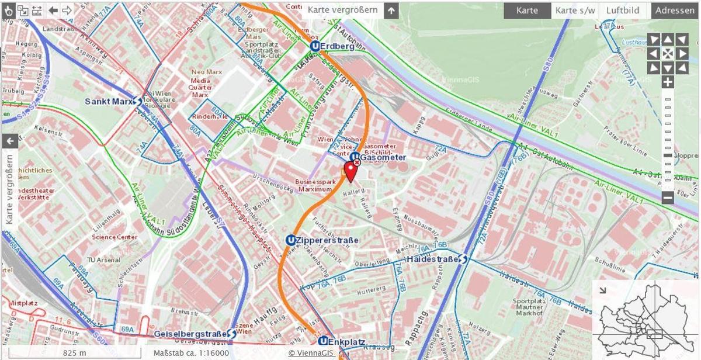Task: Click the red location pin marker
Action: (350, 171)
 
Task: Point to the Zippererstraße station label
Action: (327, 240)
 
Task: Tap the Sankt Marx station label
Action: (109, 101)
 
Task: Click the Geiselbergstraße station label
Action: (190, 334)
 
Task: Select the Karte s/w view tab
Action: (575, 11)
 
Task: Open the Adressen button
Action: (675, 11)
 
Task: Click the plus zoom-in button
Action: (668, 82)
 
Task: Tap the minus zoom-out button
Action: (668, 198)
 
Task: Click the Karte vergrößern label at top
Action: (343, 10)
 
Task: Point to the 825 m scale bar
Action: (74, 353)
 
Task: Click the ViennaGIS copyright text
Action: (311, 353)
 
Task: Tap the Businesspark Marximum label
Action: (316, 185)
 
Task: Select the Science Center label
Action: (114, 237)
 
